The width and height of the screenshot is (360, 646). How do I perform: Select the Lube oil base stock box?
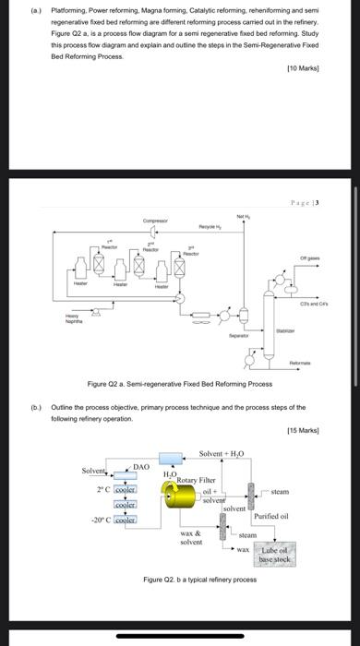[x=274, y=554]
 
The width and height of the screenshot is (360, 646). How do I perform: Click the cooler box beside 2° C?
[x=125, y=489]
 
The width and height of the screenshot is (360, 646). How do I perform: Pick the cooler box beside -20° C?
[x=125, y=520]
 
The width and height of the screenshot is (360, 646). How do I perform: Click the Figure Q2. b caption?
[x=200, y=579]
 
